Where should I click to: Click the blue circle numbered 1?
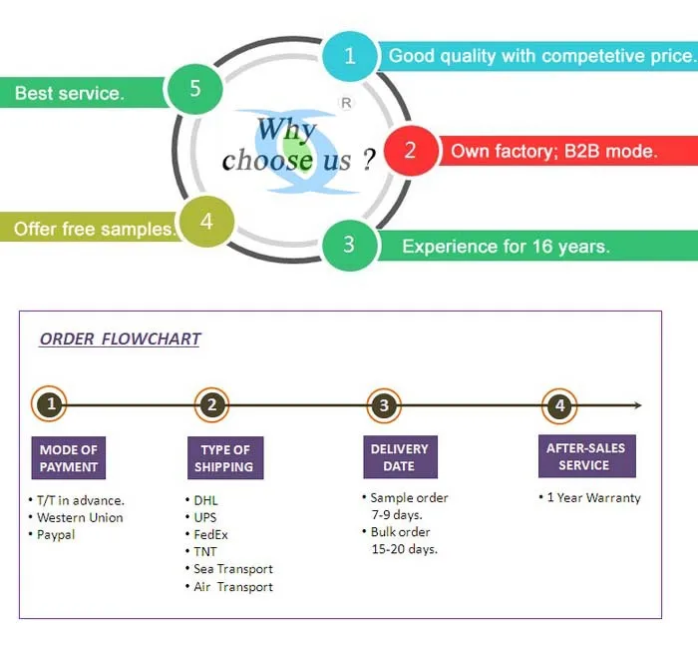(349, 56)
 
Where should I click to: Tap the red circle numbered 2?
(409, 151)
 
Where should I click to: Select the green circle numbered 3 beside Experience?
(348, 245)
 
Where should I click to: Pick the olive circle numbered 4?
(206, 222)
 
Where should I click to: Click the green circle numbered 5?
(194, 88)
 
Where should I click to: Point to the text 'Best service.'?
(70, 94)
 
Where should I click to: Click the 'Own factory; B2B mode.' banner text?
(554, 152)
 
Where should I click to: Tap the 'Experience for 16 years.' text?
(506, 246)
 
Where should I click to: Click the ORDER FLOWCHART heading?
(120, 338)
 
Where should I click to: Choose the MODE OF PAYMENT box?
(69, 458)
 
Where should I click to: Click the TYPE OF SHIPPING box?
(224, 458)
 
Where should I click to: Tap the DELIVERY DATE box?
(399, 457)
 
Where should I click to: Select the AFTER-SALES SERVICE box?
(584, 456)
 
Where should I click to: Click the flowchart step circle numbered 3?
(385, 405)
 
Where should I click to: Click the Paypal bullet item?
(56, 534)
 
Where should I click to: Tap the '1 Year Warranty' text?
(593, 497)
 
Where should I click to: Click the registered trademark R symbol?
(346, 103)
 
